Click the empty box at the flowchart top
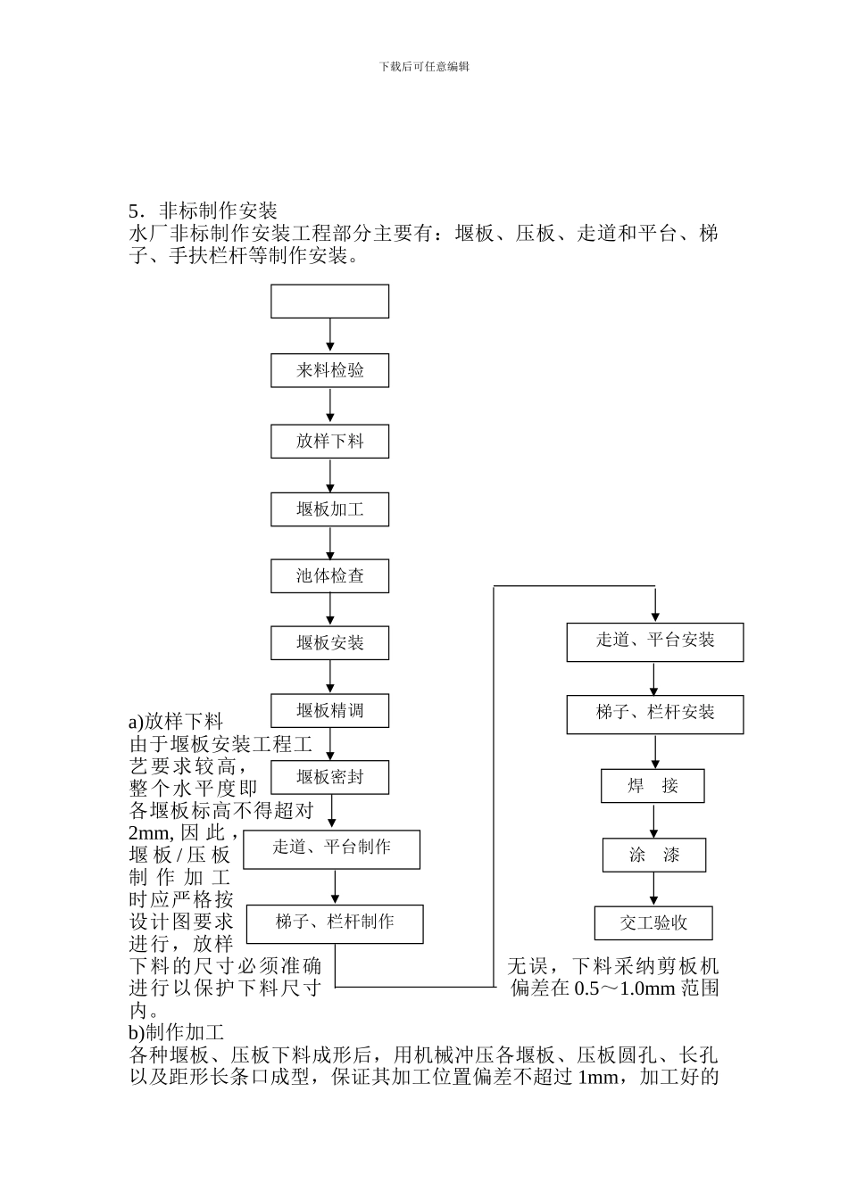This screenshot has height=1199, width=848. pos(329,302)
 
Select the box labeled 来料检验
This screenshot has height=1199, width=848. pos(329,370)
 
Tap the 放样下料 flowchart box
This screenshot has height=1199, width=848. pos(329,441)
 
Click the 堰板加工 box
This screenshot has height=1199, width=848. pos(329,509)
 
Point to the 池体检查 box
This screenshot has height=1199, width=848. pos(329,576)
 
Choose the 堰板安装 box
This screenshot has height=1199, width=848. pos(329,643)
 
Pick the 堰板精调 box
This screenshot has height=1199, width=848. pos(329,711)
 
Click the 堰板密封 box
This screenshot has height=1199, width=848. pos(329,777)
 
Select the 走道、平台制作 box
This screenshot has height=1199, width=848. pos(332,848)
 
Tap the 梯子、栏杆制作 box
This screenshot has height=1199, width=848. pos(335,922)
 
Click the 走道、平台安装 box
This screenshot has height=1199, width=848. pos(654,641)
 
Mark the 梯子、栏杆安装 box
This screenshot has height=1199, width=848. pos(654,714)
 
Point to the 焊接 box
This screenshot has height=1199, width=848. pos(653,786)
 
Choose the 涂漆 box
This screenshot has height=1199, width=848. pos(654,855)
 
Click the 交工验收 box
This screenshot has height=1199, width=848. pos(653,923)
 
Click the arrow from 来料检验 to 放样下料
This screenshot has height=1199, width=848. pos(330,406)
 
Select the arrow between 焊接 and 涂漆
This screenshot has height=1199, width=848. pos(654,821)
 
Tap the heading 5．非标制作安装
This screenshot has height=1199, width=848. pos(204,211)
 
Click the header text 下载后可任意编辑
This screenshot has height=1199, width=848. pos(424,66)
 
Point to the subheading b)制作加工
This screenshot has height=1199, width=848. pos(177,1033)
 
